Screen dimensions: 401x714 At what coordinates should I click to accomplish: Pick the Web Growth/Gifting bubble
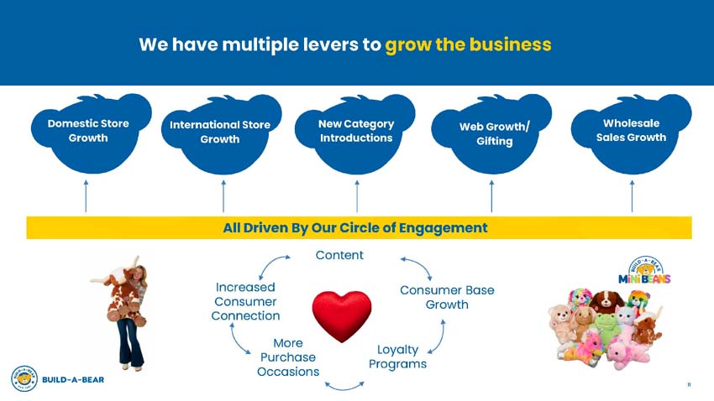494,133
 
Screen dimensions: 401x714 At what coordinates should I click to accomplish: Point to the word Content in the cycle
339,255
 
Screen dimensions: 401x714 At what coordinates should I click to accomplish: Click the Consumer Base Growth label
447,297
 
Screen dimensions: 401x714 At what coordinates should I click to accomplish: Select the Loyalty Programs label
397,357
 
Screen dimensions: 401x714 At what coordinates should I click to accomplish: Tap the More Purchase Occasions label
288,357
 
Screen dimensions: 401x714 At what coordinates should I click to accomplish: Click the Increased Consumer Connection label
246,301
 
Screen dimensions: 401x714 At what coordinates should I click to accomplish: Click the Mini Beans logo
644,271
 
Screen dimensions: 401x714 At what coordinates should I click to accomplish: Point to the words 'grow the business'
468,44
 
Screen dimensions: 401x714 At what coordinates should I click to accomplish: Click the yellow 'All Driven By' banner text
354,227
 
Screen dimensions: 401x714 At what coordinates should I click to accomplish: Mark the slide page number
689,385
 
